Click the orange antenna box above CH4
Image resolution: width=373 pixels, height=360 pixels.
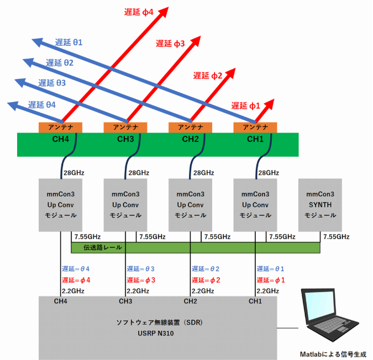pos(60,128)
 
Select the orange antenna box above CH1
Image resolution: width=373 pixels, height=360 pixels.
pos(255,128)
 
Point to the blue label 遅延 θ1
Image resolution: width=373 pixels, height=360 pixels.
pos(69,42)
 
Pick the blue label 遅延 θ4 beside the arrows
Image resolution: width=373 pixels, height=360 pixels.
pos(42,104)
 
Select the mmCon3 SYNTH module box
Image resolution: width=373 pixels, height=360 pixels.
pos(320,205)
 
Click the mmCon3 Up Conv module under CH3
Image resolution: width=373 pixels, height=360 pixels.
pos(125,205)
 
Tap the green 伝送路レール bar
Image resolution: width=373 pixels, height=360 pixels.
pos(196,248)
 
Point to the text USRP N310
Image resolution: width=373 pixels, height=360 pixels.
pos(157,333)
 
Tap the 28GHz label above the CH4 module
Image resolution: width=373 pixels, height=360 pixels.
pos(73,173)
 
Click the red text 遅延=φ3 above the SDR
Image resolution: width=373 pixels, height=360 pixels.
pos(141,280)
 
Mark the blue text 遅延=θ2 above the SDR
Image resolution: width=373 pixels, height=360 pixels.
pos(206,269)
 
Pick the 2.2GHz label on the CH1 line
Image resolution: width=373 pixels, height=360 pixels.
pos(268,291)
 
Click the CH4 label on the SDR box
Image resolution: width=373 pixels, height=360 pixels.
pos(60,301)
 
